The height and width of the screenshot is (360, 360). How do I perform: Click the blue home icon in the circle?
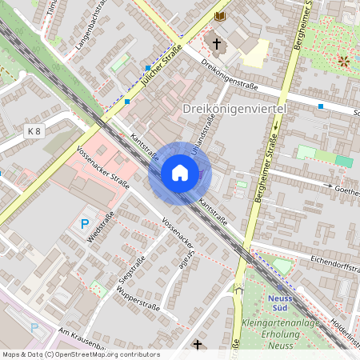click(179, 172)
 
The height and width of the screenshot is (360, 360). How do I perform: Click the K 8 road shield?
click(34, 130)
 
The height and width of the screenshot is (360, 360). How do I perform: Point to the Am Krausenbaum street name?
click(83, 339)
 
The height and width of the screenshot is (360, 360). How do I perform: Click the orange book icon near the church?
click(220, 17)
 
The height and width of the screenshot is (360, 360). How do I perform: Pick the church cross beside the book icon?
click(215, 42)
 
